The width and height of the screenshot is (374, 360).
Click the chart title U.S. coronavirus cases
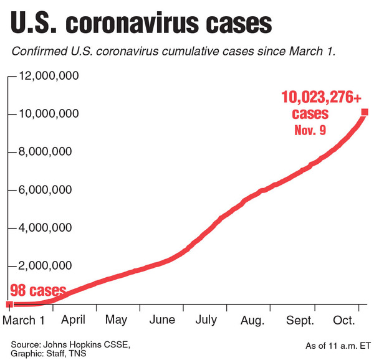(x=141, y=24)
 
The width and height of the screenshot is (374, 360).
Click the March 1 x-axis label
(x=24, y=320)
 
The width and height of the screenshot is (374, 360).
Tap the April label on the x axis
(x=74, y=320)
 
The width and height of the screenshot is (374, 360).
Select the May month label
(x=116, y=320)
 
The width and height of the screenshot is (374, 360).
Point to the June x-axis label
(x=161, y=320)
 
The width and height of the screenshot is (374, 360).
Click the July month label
(x=206, y=320)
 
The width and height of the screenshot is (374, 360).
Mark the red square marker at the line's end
(x=364, y=113)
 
